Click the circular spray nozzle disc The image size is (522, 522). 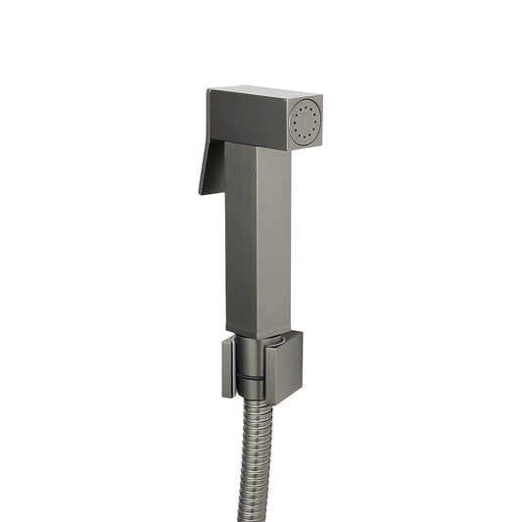coord(306,123)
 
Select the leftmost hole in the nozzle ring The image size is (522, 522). coord(294,124)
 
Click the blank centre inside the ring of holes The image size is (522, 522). coord(306,123)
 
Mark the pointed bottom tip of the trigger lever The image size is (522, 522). coord(202,191)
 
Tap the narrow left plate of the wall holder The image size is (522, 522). coord(227,366)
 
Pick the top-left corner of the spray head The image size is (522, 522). coord(209,91)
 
